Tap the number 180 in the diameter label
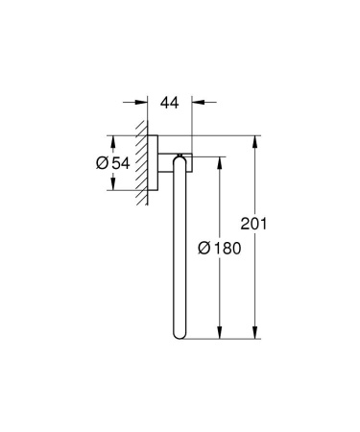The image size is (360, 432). (228, 247)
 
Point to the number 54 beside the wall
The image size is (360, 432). (120, 162)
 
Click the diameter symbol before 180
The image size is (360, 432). (204, 247)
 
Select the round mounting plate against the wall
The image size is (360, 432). (154, 162)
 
